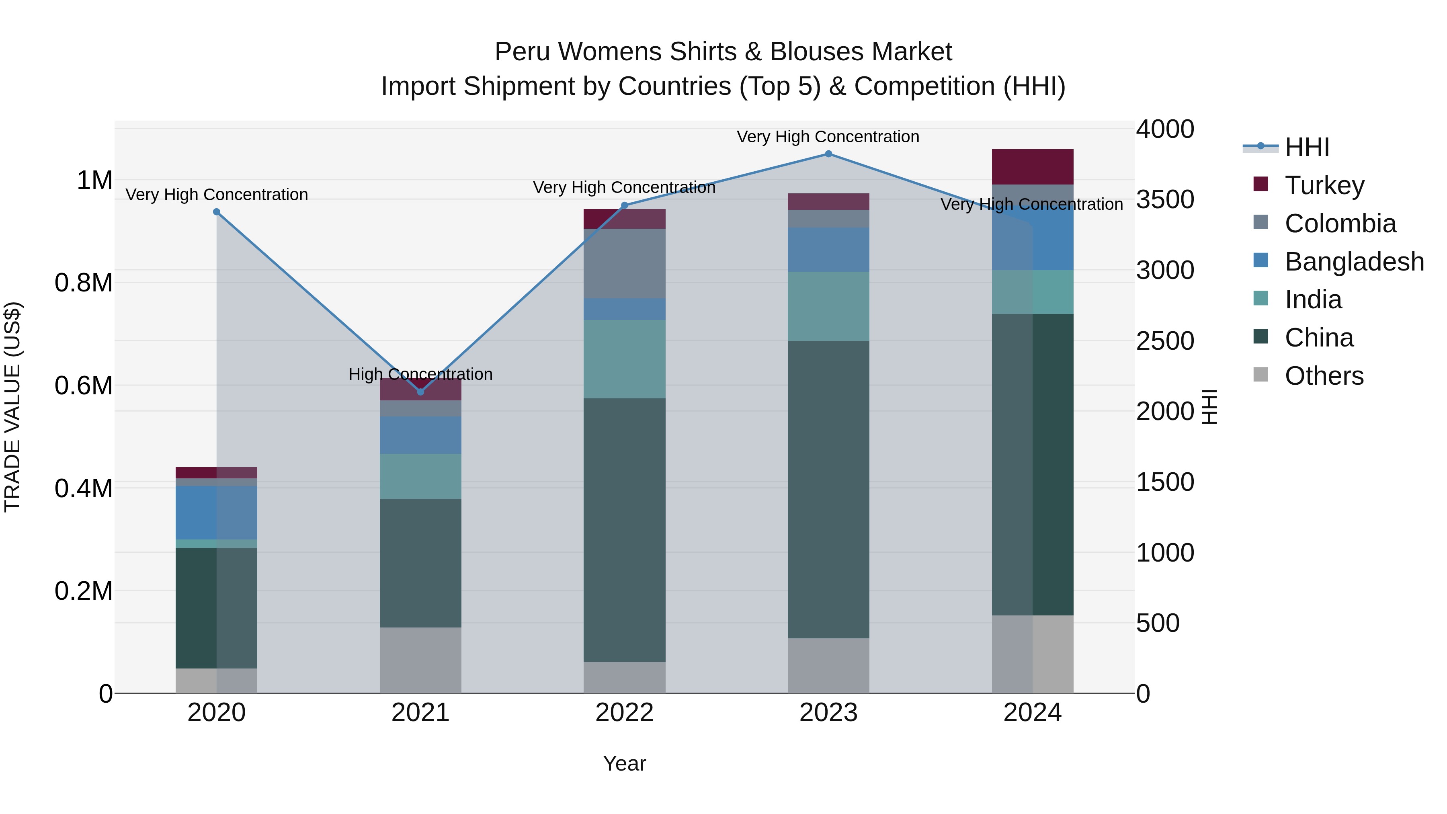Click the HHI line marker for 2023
[828, 154]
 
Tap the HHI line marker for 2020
[217, 212]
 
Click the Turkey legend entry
[1324, 185]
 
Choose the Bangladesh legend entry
[1354, 262]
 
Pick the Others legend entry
[1324, 376]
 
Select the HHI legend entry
[1307, 147]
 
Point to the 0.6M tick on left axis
[84, 386]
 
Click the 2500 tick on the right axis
[1164, 341]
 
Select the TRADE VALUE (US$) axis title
[12, 407]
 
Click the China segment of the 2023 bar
[828, 489]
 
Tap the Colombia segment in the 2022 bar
[624, 263]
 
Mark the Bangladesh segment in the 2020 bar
[217, 513]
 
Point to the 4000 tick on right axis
[1164, 129]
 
